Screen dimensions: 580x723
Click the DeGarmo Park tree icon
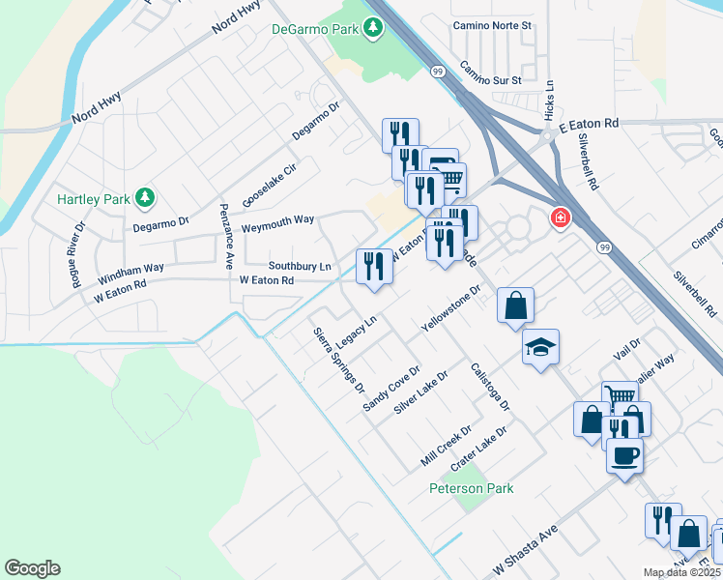click(372, 29)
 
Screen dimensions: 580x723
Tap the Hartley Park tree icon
click(145, 198)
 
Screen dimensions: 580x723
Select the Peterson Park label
click(472, 488)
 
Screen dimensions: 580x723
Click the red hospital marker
click(560, 218)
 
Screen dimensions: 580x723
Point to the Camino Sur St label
click(490, 72)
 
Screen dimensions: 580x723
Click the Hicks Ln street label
click(549, 100)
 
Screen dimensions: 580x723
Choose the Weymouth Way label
click(277, 220)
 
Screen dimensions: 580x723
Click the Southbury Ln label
click(300, 265)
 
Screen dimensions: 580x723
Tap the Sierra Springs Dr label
click(338, 361)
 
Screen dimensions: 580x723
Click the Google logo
click(32, 568)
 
